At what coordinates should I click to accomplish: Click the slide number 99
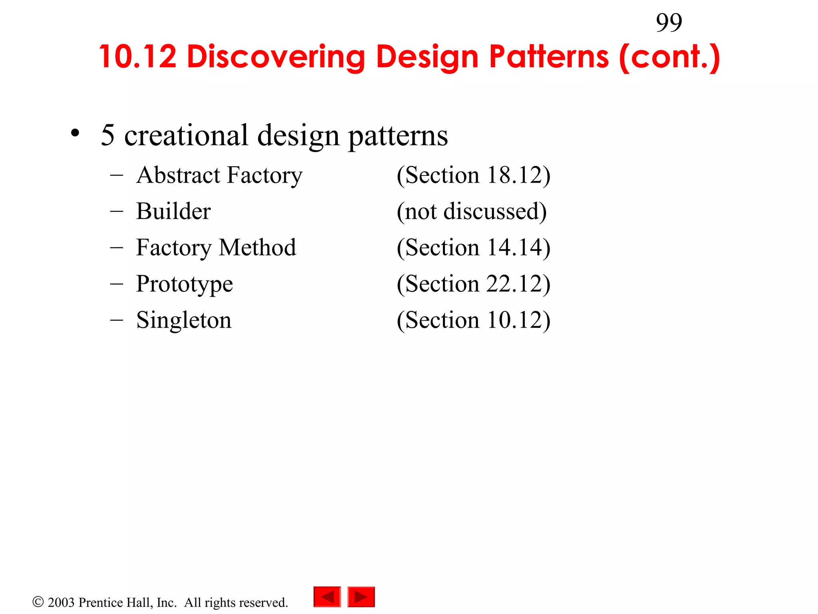click(669, 23)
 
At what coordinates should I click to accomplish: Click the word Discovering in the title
click(276, 57)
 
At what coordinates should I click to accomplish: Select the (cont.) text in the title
click(669, 58)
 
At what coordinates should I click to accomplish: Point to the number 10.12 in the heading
click(138, 57)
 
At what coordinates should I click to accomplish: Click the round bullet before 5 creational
click(75, 134)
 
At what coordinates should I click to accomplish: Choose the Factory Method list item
click(216, 247)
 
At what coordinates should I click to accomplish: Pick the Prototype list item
click(184, 284)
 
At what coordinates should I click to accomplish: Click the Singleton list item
click(184, 320)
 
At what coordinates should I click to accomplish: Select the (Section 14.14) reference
click(473, 247)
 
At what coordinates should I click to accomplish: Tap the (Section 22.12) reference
click(473, 284)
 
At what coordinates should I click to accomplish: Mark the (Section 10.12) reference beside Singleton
click(473, 320)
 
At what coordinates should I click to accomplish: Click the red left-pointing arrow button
click(327, 597)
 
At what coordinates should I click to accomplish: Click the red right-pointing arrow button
click(361, 597)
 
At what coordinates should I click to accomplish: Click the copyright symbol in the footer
click(38, 602)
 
